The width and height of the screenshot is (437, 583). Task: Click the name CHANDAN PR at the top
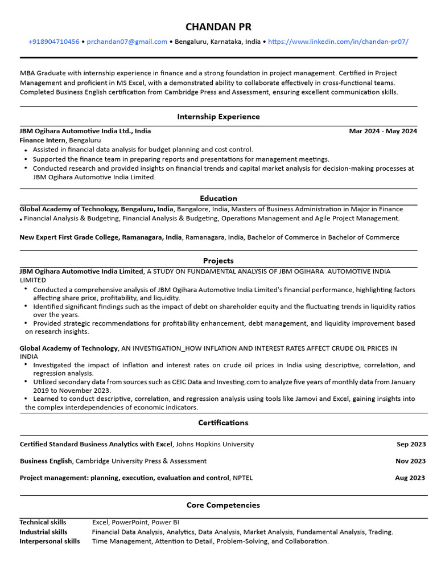(218, 27)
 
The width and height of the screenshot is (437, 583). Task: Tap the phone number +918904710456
(54, 42)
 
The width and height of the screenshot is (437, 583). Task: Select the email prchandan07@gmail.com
(127, 42)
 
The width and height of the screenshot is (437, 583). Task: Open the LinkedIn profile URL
(338, 42)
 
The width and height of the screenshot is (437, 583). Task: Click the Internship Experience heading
(218, 117)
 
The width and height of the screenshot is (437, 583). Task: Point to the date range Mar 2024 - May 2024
(383, 131)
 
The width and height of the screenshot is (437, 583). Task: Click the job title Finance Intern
(43, 140)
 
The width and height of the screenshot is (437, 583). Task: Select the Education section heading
(218, 198)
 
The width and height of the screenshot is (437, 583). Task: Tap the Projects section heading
(218, 261)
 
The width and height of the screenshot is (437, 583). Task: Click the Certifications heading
(223, 423)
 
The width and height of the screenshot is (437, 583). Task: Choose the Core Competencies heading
(223, 505)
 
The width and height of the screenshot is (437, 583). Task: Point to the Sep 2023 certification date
(411, 444)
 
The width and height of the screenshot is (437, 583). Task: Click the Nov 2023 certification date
(410, 461)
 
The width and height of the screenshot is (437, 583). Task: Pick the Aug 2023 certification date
(410, 478)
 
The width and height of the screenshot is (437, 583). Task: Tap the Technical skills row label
(43, 522)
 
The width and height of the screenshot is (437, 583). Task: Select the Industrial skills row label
(43, 532)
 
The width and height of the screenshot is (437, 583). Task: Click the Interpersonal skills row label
(50, 541)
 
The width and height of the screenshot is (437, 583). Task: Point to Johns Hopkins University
(215, 444)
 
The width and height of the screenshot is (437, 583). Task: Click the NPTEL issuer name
(242, 478)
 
